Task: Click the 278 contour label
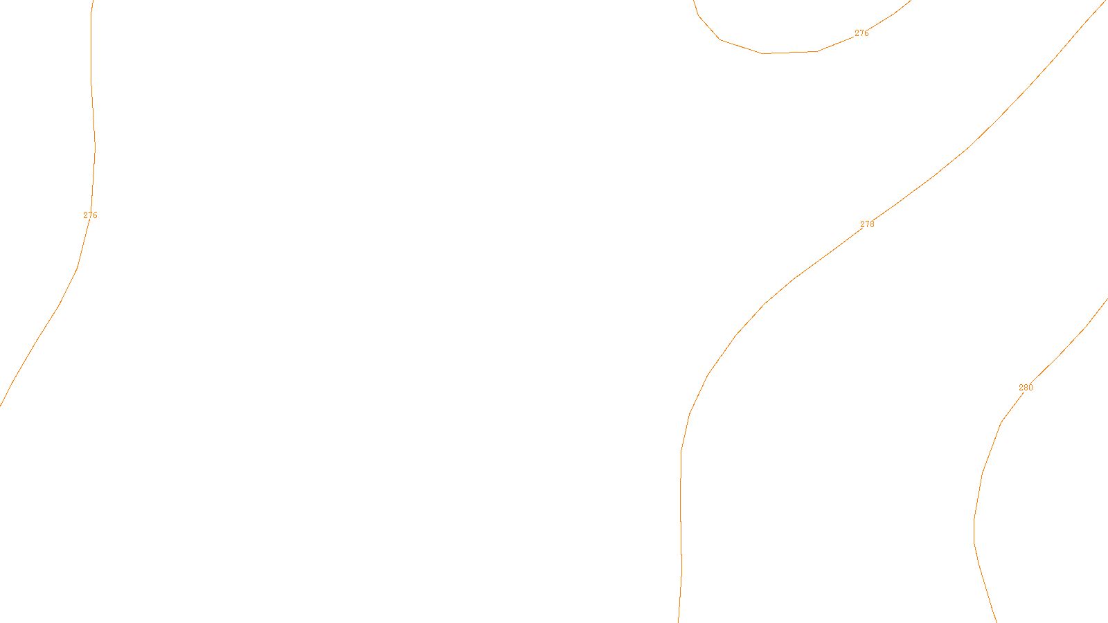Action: [867, 224]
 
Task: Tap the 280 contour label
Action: [1026, 388]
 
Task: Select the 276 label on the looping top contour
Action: [861, 33]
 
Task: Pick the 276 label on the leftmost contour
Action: [90, 215]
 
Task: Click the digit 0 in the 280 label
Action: [1030, 388]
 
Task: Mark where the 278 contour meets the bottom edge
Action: [679, 621]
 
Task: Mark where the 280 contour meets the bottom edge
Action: [997, 621]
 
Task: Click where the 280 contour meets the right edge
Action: [1107, 299]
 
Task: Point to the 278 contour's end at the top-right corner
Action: [1106, 1]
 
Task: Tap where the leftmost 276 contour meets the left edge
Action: [1, 404]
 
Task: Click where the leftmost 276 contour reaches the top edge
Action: [93, 1]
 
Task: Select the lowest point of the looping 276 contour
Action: [762, 53]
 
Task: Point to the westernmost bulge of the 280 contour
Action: [974, 530]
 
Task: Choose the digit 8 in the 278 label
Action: [872, 224]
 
